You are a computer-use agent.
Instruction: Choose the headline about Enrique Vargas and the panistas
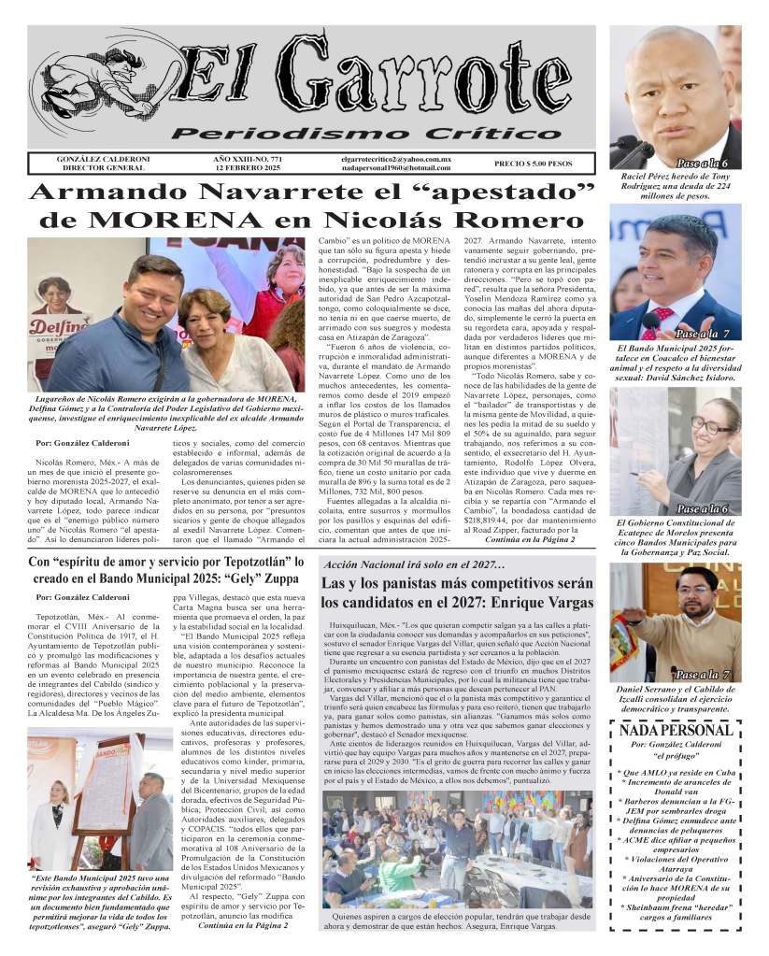(458, 593)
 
